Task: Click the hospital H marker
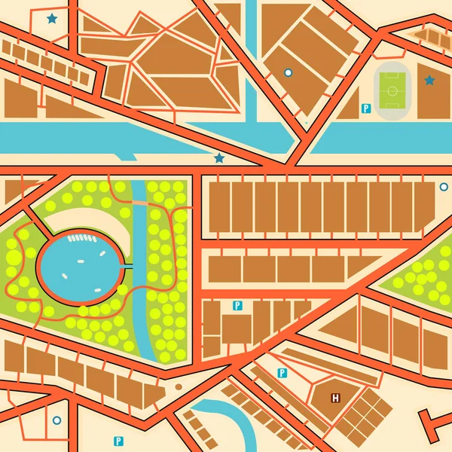coord(335,397)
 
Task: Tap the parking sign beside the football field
coord(366,108)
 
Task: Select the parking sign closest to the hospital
coord(282,373)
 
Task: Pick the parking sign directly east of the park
coord(237,305)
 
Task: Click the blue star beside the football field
coord(429,80)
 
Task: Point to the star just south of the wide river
coord(219,158)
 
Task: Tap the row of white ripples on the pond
coord(85,239)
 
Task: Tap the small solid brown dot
coord(179,386)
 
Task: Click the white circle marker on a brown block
coord(287,72)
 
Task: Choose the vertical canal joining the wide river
coord(250,60)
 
